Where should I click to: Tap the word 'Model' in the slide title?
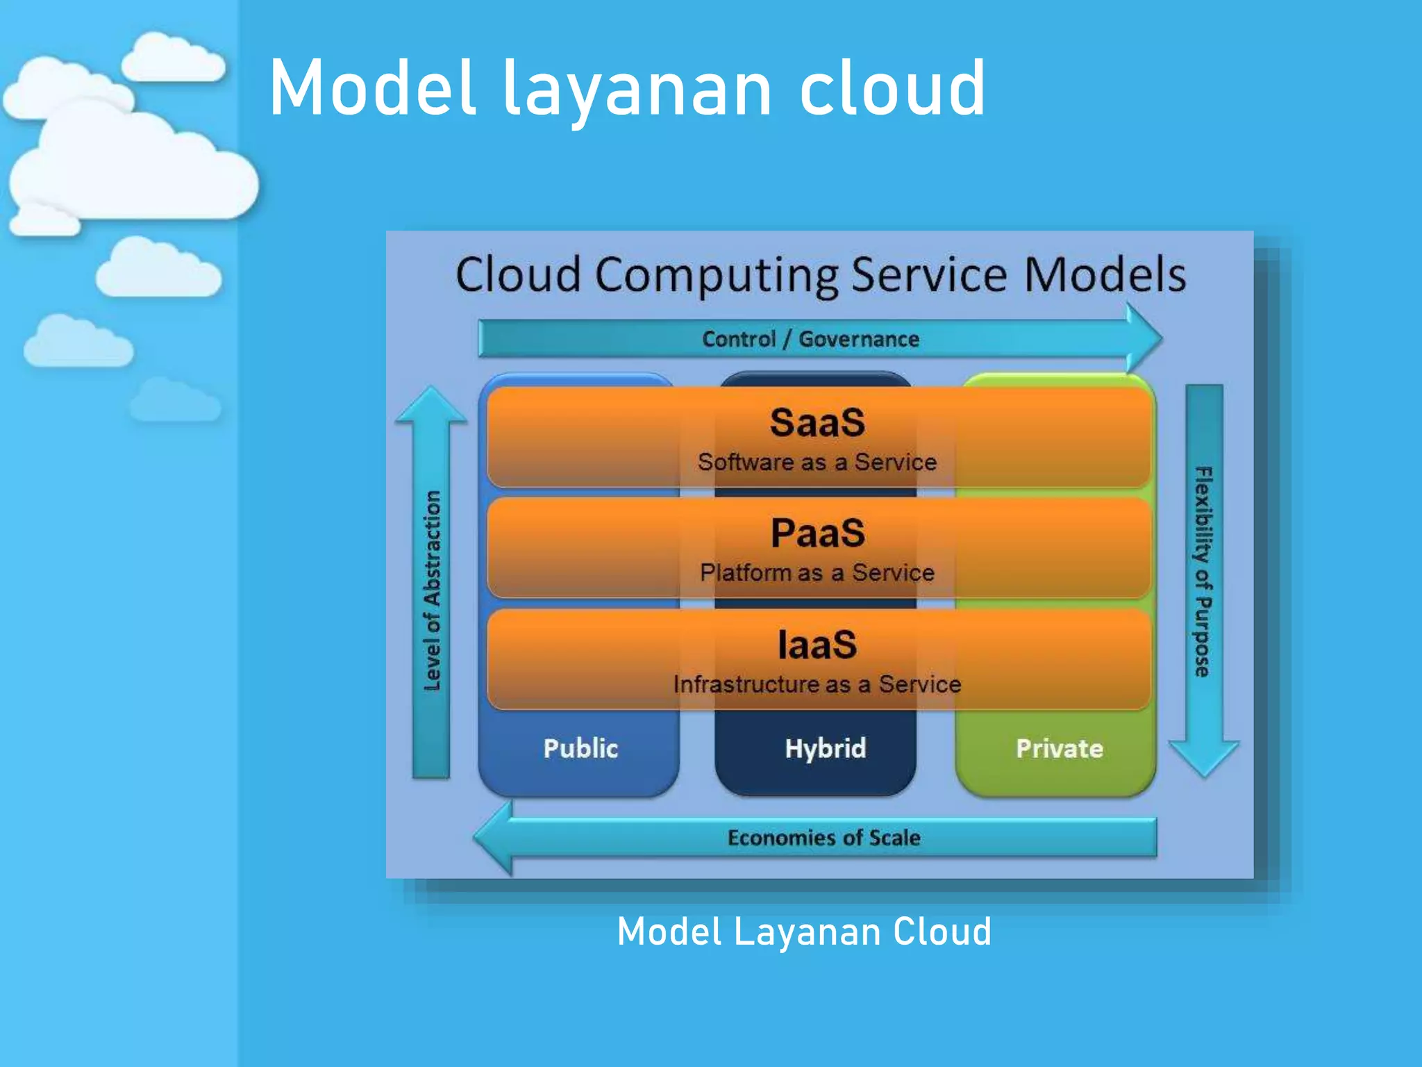[x=373, y=88]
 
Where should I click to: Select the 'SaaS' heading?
[x=817, y=422]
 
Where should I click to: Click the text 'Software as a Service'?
[x=817, y=462]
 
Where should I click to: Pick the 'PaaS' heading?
[x=817, y=533]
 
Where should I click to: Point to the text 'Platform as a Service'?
[x=817, y=572]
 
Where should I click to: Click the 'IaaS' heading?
[x=817, y=645]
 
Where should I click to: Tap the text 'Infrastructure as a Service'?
[x=817, y=684]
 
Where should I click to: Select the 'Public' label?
[x=580, y=748]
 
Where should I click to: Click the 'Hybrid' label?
[x=826, y=748]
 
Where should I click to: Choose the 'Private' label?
[x=1060, y=748]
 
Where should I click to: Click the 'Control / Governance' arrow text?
[x=810, y=339]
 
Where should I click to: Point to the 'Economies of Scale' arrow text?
[x=824, y=838]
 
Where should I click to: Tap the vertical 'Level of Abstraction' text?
[x=432, y=590]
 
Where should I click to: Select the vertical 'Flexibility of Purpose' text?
[x=1203, y=571]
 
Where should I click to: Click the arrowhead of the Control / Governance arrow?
[x=1143, y=338]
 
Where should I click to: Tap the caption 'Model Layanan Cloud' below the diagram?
[x=804, y=932]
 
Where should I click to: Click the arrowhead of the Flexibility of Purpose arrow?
[x=1204, y=757]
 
